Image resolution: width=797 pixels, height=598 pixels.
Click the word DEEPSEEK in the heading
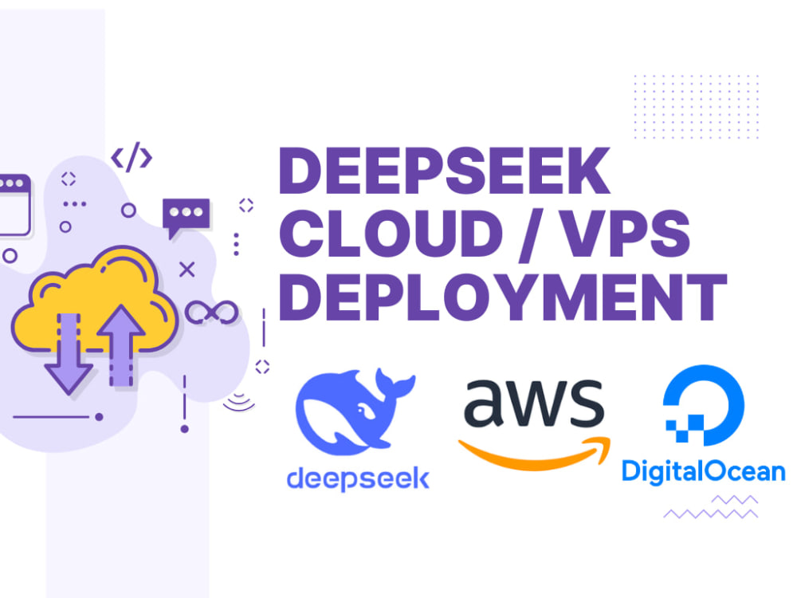(445, 171)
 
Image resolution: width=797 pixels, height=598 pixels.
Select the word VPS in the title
(625, 234)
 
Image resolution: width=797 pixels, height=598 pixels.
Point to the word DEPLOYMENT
(503, 297)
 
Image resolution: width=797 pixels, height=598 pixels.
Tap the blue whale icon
(355, 411)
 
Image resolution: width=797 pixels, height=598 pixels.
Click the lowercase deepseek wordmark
(359, 479)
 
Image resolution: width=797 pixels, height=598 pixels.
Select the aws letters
(534, 403)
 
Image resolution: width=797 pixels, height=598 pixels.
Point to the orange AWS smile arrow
(535, 455)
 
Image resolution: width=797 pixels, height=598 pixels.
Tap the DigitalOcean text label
(704, 471)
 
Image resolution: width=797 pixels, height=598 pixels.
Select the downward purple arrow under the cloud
(69, 353)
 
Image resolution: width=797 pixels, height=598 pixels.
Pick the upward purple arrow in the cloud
(121, 346)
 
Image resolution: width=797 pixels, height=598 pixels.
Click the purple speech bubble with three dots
(186, 217)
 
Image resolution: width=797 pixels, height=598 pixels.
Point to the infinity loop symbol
(211, 313)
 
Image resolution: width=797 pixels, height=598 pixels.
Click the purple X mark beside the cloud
(187, 269)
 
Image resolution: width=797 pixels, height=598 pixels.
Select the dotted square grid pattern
(697, 106)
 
